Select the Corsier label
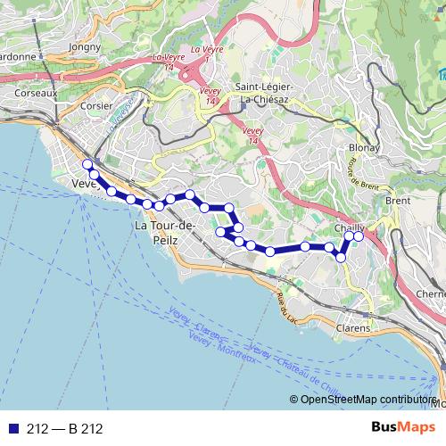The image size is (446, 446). coord(95,103)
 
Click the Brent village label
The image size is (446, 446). coord(398,201)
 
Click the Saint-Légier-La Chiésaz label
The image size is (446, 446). coord(271,93)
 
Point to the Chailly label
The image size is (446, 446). coord(348,227)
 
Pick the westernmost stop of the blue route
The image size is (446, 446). coord(87,164)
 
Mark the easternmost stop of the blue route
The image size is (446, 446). coord(359,236)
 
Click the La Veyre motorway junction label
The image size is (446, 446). coord(176,59)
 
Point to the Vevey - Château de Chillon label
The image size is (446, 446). coord(294,365)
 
